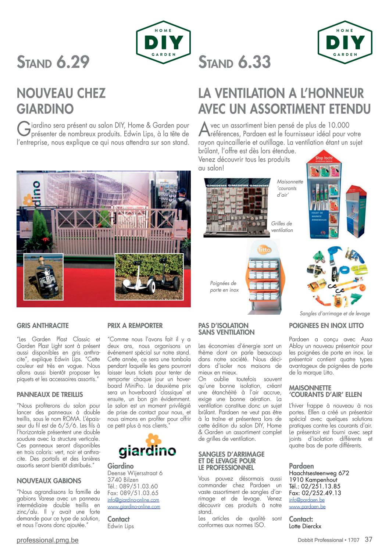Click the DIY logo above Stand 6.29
163,42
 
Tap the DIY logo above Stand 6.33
345,42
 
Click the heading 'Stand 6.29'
53,62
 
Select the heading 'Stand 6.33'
235,62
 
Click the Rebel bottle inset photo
43,277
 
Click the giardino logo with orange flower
147,446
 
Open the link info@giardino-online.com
133,500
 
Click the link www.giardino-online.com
134,507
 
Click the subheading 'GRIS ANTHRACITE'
43,325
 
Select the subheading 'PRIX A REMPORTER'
135,325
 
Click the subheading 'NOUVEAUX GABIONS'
49,481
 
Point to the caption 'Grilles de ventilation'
282,227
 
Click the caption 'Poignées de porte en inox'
224,287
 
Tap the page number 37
368,539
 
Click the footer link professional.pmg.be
47,540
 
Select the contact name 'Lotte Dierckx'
305,526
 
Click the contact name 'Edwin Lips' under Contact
121,526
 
